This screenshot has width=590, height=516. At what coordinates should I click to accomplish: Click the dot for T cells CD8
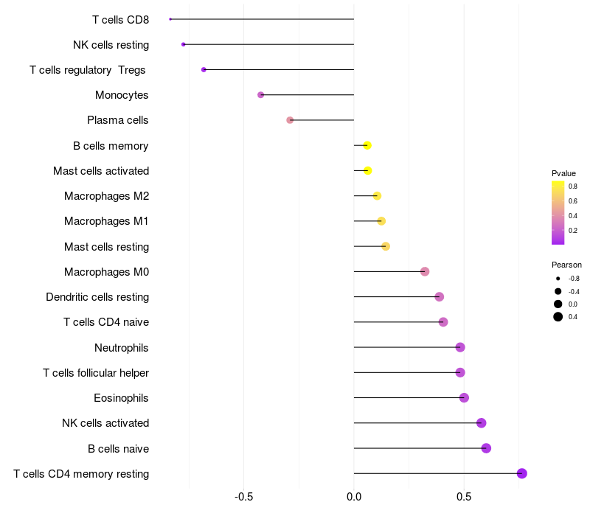[170, 19]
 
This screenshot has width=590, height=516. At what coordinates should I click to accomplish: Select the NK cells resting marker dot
[183, 44]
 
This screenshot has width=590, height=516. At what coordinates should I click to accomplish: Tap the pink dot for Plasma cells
[290, 120]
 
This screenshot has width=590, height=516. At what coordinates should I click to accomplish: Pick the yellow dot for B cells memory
[367, 145]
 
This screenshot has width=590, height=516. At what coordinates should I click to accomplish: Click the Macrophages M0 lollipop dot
[425, 271]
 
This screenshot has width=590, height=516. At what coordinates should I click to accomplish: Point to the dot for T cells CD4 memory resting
[521, 473]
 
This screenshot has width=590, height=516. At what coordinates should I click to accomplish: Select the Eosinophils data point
[464, 397]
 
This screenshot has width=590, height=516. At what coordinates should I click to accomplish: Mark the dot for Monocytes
[261, 95]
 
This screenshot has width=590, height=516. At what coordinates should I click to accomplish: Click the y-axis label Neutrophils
[121, 347]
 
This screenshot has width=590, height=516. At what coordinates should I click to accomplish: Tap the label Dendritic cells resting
[97, 297]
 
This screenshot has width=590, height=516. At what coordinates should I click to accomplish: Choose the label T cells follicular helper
[96, 373]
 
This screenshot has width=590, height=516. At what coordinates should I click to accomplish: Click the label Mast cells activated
[101, 171]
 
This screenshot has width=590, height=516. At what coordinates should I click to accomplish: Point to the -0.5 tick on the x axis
[243, 497]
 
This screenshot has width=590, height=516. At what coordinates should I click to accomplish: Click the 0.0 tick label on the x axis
[354, 497]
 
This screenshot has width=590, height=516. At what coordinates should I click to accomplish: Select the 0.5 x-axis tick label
[464, 497]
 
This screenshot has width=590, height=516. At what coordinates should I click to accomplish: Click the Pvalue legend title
[563, 173]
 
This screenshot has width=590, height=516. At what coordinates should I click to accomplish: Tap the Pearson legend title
[566, 265]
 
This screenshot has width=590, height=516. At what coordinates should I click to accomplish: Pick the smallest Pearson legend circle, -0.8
[558, 279]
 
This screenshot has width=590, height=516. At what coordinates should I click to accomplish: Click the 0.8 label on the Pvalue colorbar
[573, 186]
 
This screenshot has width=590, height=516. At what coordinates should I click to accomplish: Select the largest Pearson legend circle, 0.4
[558, 317]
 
